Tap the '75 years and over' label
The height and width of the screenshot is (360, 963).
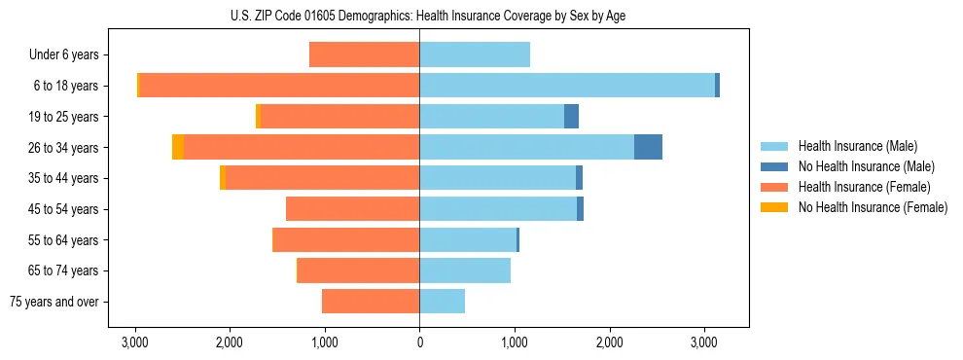pyautogui.click(x=54, y=302)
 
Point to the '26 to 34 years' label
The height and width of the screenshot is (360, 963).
pyautogui.click(x=65, y=148)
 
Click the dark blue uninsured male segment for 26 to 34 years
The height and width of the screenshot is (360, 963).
pyautogui.click(x=648, y=147)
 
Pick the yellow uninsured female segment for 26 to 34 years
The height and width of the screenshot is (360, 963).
pyautogui.click(x=178, y=147)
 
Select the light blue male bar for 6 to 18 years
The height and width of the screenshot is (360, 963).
pyautogui.click(x=567, y=86)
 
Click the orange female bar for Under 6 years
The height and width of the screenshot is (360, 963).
pyautogui.click(x=364, y=54)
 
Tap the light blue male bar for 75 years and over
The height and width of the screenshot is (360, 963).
pyautogui.click(x=442, y=302)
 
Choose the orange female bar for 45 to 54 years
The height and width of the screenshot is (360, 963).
pyautogui.click(x=352, y=209)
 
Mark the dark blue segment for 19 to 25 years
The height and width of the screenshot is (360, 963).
pyautogui.click(x=571, y=117)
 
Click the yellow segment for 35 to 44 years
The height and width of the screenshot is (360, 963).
pyautogui.click(x=223, y=178)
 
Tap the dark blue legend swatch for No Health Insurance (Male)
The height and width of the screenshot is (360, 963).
pyautogui.click(x=774, y=166)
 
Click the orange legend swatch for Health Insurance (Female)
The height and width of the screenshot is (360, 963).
pyautogui.click(x=774, y=187)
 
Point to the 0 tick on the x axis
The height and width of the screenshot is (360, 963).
pyautogui.click(x=419, y=342)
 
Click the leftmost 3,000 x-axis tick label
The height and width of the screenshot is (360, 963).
pyautogui.click(x=134, y=342)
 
